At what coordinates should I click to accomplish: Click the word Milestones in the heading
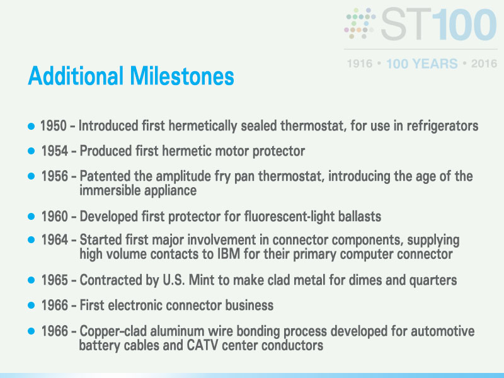[x=182, y=76]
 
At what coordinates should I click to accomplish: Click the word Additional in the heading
[x=76, y=76]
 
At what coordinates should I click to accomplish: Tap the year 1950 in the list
[x=54, y=125]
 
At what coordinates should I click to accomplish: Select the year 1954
[x=54, y=151]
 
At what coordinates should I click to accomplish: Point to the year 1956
[x=54, y=176]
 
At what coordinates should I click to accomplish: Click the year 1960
[x=54, y=216]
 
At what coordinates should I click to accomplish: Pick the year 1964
[x=54, y=240]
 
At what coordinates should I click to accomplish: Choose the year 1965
[x=54, y=280]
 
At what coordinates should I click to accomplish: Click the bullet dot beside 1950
[x=31, y=126]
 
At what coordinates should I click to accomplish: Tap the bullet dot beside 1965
[x=31, y=280]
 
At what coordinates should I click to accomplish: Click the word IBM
[x=229, y=254]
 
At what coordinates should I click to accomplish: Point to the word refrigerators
[x=442, y=126]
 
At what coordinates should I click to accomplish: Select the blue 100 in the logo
[x=464, y=25]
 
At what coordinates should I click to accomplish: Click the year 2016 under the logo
[x=484, y=64]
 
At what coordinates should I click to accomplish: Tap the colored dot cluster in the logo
[x=360, y=23]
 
